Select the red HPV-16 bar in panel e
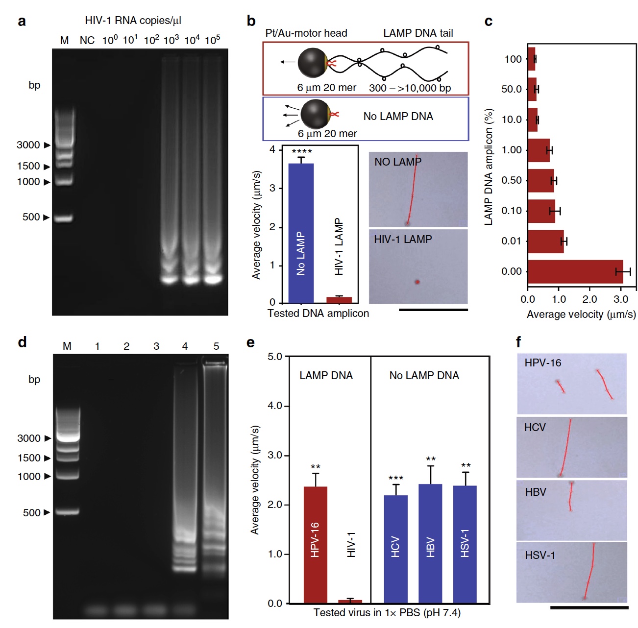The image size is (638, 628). coord(315,544)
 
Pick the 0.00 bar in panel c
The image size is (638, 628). coord(575,271)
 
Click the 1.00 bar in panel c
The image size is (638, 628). coord(539,150)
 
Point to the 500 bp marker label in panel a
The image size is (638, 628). coord(31,217)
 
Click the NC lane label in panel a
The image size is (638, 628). coord(87,40)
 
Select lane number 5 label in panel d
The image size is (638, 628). coord(216,346)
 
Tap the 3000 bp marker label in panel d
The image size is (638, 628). coord(29,438)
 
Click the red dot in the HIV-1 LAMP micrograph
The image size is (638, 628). coord(417,282)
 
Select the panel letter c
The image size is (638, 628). coord(488,22)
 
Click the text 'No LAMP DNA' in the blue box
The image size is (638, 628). coord(398,117)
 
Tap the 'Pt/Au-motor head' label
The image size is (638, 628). coord(306,33)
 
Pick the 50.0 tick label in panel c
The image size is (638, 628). coord(512,89)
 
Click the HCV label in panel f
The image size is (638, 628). coord(535,427)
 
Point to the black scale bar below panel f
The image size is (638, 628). coord(589,608)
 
